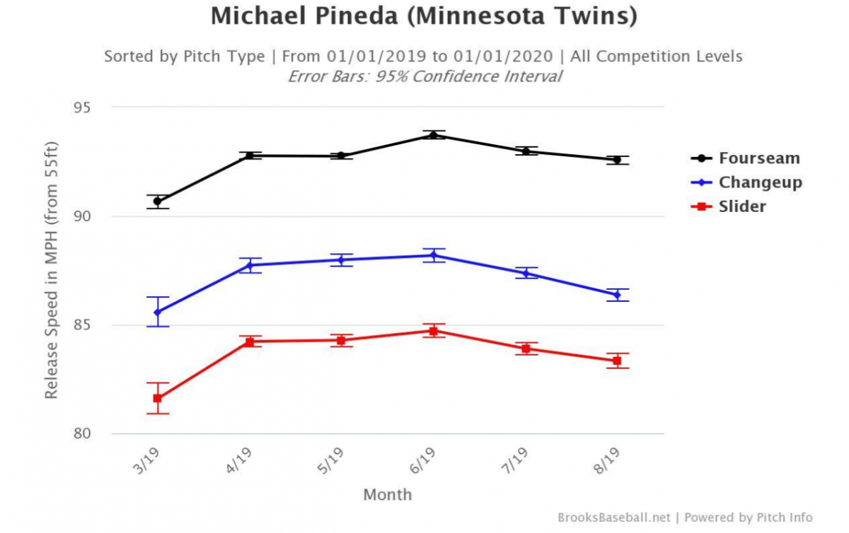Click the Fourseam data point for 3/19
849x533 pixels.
157,201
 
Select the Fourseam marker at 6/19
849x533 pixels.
433,135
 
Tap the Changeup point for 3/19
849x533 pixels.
157,312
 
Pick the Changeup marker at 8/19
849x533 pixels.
617,295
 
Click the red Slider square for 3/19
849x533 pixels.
157,398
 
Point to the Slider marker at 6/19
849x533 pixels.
433,330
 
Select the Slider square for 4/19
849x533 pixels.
249,341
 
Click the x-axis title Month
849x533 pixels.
387,495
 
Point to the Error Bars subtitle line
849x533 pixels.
424,76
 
